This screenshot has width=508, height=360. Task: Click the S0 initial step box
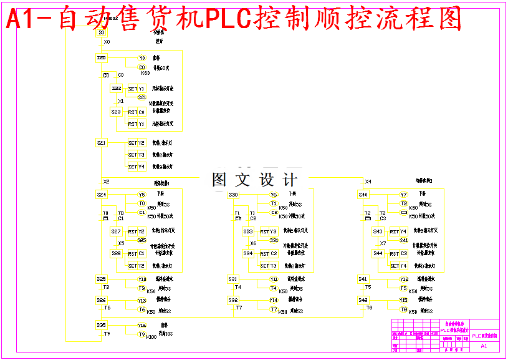(x=101, y=33)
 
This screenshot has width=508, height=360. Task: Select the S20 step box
(x=102, y=58)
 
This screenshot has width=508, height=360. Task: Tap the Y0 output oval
(x=142, y=58)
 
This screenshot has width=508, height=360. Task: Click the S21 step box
(x=102, y=143)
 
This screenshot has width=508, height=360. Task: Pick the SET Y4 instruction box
(x=137, y=167)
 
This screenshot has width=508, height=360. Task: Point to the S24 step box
(x=102, y=195)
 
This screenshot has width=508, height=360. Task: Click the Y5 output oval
(x=142, y=195)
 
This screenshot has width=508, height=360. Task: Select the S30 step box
(x=233, y=195)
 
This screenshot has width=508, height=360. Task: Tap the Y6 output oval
(x=274, y=195)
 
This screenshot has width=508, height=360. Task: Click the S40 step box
(x=363, y=195)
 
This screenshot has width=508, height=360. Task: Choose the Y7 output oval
(x=403, y=195)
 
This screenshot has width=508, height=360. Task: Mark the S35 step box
(x=102, y=325)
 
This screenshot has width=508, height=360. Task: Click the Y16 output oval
(x=142, y=325)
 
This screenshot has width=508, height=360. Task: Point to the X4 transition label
(x=368, y=182)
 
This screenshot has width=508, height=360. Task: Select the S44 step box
(x=378, y=253)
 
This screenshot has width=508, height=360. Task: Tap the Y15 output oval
(x=404, y=300)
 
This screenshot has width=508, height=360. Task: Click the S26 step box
(x=102, y=300)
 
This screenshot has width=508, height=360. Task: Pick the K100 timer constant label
(x=151, y=337)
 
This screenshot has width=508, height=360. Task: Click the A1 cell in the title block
(x=484, y=346)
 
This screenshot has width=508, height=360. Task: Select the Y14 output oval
(x=274, y=300)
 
